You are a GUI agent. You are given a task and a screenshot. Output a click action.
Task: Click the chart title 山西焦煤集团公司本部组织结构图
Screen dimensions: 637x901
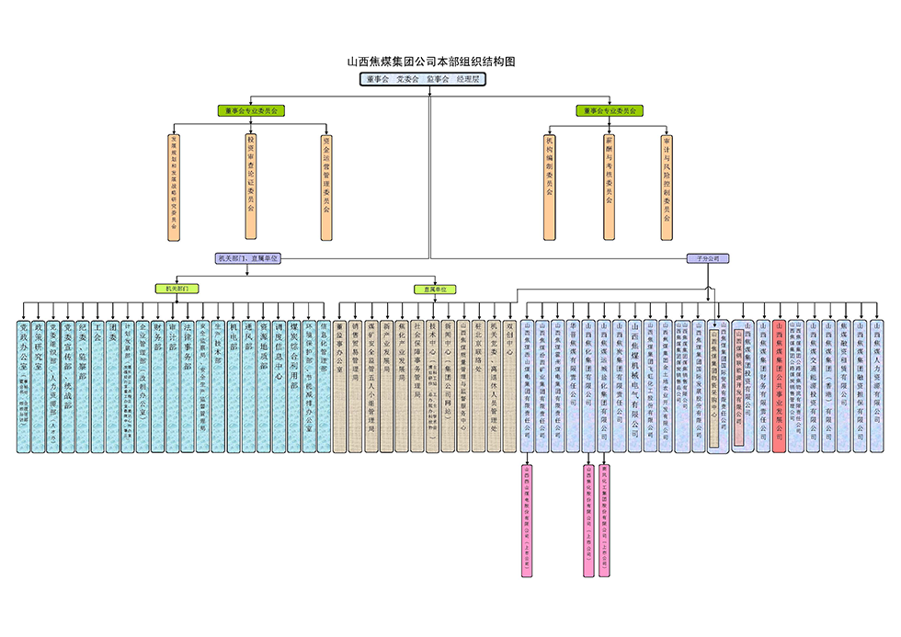(x=430, y=62)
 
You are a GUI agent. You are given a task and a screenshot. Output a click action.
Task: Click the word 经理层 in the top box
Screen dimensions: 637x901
(x=469, y=80)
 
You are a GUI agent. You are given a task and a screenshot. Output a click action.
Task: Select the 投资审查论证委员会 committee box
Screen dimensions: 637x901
(x=250, y=188)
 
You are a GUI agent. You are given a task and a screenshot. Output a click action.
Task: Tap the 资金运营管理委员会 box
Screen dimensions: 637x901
(x=326, y=188)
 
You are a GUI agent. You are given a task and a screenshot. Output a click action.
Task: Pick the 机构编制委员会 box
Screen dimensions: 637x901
(x=549, y=188)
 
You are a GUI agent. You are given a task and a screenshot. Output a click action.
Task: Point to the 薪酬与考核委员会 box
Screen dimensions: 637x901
(x=609, y=188)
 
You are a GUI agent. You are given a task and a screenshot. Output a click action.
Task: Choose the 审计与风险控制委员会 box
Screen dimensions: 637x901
(x=667, y=188)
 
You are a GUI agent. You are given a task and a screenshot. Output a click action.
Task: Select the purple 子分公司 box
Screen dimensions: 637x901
(x=708, y=259)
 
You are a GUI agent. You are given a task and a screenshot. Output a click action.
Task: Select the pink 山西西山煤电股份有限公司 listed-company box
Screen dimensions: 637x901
(x=528, y=519)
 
